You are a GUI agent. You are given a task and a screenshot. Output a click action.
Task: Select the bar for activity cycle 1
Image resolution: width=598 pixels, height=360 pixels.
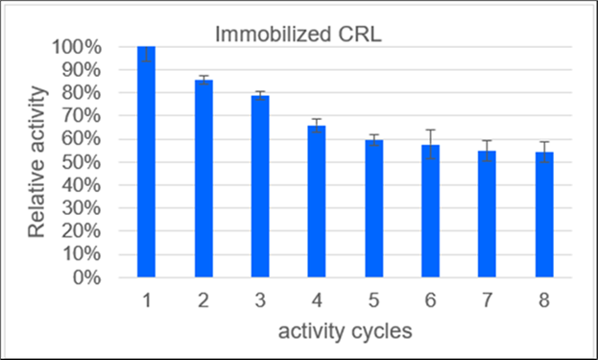(146, 163)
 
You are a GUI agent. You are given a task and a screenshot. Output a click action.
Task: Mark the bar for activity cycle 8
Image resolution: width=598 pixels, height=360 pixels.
(544, 215)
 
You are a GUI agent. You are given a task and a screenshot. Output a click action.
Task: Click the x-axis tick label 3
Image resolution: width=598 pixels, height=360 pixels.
(261, 300)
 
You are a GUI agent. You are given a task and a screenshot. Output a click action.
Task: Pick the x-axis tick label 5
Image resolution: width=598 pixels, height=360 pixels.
(374, 300)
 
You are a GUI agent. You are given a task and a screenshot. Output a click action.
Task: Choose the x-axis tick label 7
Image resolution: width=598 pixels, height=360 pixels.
(488, 300)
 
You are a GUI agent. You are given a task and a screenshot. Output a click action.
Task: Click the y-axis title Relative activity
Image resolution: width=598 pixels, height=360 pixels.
(37, 162)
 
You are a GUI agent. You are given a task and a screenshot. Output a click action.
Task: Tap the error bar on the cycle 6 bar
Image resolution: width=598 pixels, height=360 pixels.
(430, 144)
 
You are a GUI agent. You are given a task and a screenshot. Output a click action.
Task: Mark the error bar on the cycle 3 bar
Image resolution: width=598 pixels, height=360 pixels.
(260, 95)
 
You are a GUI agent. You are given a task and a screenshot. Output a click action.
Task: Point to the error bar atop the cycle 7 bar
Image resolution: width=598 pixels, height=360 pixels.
(487, 150)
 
